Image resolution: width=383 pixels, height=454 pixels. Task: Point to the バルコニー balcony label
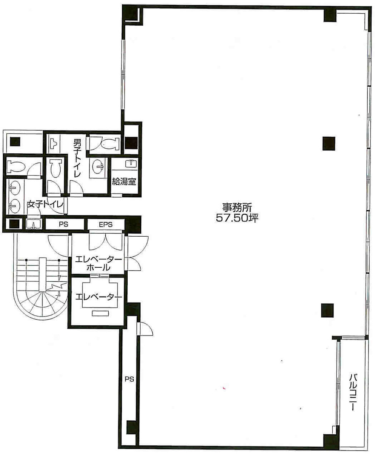click(x=353, y=392)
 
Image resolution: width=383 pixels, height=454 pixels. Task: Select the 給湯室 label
click(x=124, y=181)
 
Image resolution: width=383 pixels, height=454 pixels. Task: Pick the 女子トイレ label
click(x=45, y=204)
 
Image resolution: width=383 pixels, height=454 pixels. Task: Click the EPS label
click(x=106, y=224)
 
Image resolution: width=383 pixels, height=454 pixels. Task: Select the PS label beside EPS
click(x=63, y=224)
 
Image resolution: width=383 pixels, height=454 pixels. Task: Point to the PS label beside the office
click(x=130, y=378)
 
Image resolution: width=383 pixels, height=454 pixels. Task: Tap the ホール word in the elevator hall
click(x=98, y=267)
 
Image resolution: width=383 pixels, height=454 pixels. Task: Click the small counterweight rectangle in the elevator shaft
click(x=100, y=313)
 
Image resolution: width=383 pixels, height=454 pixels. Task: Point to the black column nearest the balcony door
click(x=328, y=310)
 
